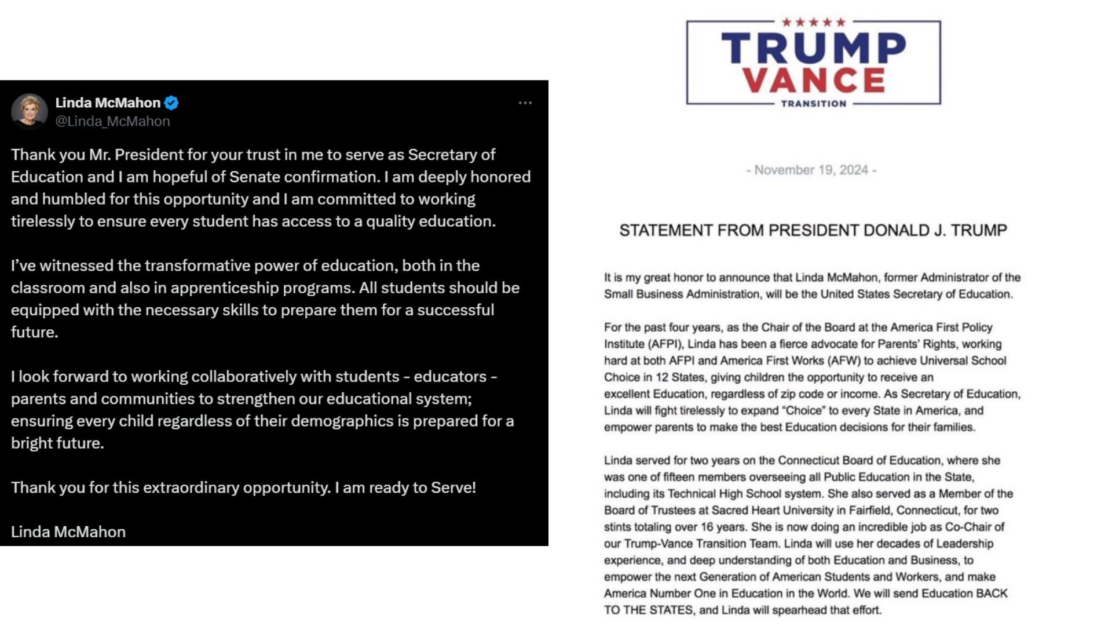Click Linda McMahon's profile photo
pyautogui.click(x=30, y=111)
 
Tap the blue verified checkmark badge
pyautogui.click(x=171, y=103)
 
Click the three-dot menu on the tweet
pyautogui.click(x=525, y=103)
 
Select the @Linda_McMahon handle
pyautogui.click(x=112, y=121)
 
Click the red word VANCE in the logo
pyautogui.click(x=813, y=80)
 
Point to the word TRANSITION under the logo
pyautogui.click(x=813, y=104)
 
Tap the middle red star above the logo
pyautogui.click(x=814, y=23)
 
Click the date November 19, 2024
pyautogui.click(x=811, y=170)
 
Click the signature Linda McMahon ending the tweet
pyautogui.click(x=68, y=532)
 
